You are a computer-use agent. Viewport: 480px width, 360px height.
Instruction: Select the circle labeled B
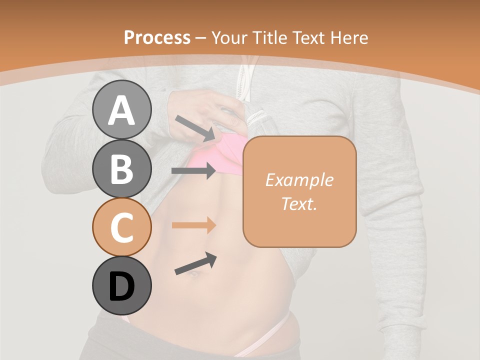121,168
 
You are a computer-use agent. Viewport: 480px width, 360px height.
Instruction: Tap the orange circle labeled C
121,227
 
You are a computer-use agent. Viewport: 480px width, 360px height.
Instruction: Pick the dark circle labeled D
121,286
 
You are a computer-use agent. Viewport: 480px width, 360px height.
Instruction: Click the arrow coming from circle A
195,127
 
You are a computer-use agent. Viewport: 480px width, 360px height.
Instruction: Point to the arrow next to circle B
193,171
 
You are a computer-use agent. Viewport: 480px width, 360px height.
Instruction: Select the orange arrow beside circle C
193,225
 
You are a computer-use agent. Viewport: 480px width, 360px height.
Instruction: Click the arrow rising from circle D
195,264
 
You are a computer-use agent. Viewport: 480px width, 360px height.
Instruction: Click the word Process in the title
157,38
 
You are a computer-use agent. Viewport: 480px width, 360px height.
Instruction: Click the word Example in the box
299,180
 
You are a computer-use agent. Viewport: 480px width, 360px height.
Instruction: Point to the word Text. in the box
299,203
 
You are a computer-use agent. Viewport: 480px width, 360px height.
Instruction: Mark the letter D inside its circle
121,286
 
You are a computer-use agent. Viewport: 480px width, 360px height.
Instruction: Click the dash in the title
201,38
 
